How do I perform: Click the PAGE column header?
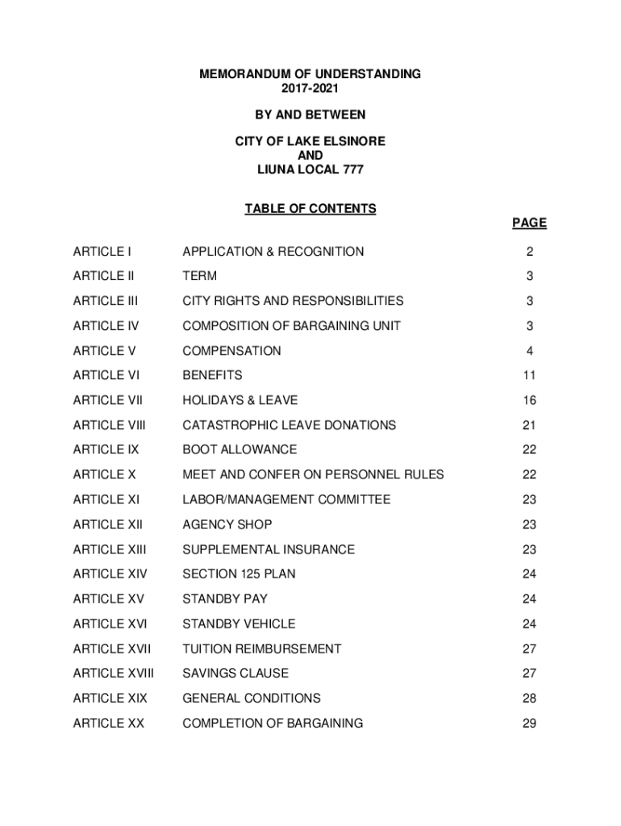coord(528,223)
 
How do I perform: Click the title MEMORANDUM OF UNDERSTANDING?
coord(310,74)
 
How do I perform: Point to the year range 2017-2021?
coord(310,88)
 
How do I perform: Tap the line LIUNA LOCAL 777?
coord(310,169)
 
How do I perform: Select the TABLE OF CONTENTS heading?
coord(310,209)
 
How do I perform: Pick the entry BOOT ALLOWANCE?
coord(240,449)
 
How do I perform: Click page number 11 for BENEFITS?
coord(529,376)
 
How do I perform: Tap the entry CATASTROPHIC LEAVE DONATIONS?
coord(290,425)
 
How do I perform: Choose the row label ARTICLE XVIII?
coord(113,673)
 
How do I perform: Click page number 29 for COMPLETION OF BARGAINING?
coord(529,724)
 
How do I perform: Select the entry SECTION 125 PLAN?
coord(239,574)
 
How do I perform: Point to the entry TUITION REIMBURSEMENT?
coord(262,649)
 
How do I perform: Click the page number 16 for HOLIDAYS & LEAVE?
coord(529,401)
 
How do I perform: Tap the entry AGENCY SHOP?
coord(227,524)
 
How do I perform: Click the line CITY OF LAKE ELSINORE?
coord(310,141)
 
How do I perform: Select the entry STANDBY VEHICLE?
coord(239,624)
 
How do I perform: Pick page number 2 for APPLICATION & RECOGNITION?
coord(529,252)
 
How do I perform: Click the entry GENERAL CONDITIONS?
coord(252,698)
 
